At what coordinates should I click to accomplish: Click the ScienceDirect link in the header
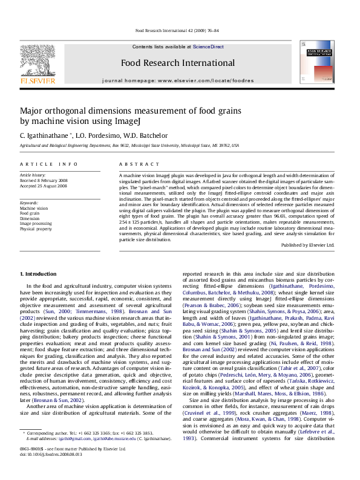click(x=208, y=47)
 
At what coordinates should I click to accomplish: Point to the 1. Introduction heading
click(x=38, y=274)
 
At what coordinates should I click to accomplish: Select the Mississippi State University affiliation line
click(x=129, y=146)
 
